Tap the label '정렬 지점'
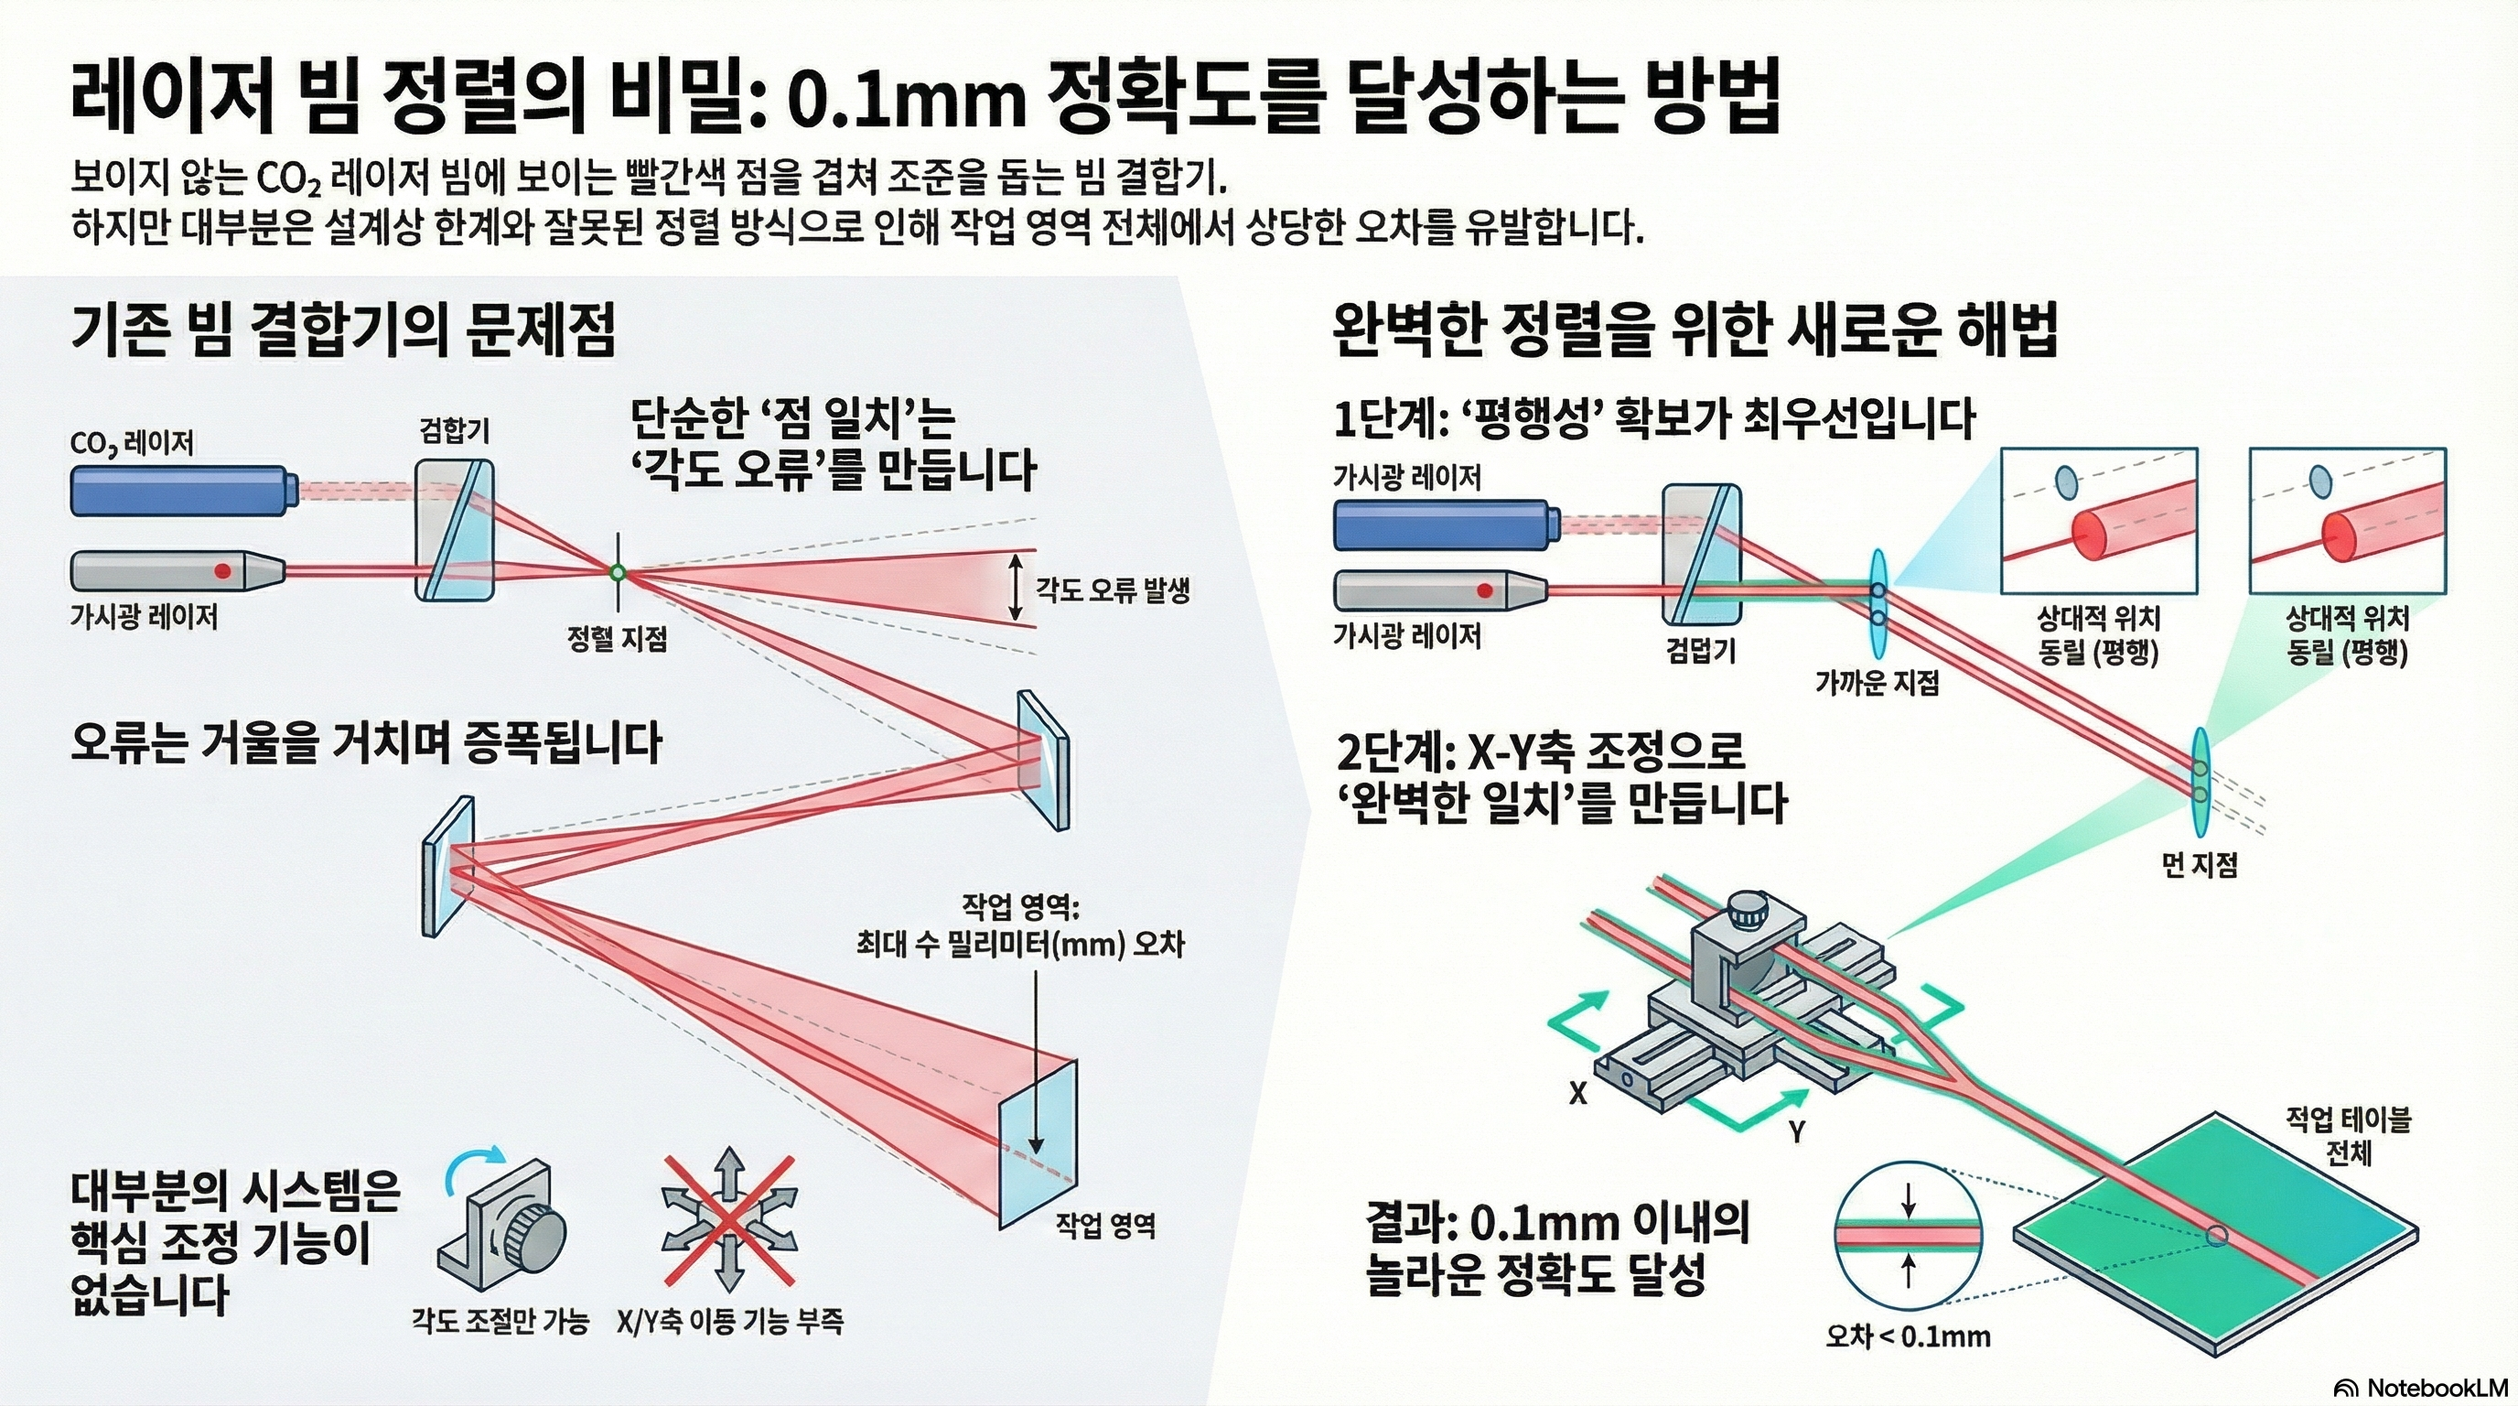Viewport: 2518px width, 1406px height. [x=617, y=640]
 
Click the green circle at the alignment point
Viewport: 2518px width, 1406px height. [x=617, y=572]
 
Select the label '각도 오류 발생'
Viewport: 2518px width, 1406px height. [x=1113, y=589]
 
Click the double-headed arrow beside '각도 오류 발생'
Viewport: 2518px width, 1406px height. [x=1016, y=587]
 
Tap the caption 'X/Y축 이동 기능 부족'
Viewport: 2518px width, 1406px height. [x=730, y=1322]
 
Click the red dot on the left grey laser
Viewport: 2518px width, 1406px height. [x=223, y=570]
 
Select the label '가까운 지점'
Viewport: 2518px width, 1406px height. [x=1877, y=683]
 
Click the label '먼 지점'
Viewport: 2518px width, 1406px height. [x=2200, y=864]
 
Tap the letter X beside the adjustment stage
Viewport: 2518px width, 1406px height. [x=1577, y=1093]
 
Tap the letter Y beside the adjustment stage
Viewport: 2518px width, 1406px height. [x=1797, y=1132]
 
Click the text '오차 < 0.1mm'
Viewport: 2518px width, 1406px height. [x=1908, y=1336]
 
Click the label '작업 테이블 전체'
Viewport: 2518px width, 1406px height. [x=2348, y=1136]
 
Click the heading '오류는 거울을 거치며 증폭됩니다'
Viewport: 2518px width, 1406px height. [x=367, y=744]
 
